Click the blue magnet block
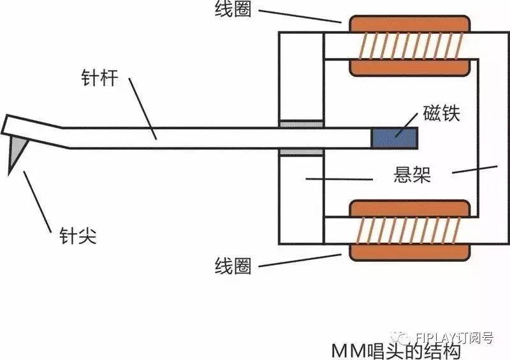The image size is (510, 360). click(x=395, y=138)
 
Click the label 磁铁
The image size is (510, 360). click(x=441, y=113)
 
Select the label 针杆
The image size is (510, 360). click(x=99, y=78)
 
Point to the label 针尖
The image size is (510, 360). click(x=78, y=236)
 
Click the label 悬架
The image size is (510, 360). click(x=412, y=175)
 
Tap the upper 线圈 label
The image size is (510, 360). click(x=233, y=8)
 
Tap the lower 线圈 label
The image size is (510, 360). click(x=233, y=266)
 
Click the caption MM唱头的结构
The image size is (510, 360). click(x=396, y=351)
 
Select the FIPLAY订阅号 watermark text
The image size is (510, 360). click(x=454, y=338)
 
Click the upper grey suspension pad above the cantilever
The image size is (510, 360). click(x=301, y=124)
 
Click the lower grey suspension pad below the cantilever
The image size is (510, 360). click(x=301, y=152)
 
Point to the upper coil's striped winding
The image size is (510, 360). click(x=410, y=46)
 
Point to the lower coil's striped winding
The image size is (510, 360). click(x=409, y=230)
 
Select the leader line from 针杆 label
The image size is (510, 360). click(x=142, y=108)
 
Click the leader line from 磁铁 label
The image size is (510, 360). click(x=407, y=125)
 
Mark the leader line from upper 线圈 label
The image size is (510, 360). click(x=300, y=17)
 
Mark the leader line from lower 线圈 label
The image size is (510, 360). click(x=300, y=261)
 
